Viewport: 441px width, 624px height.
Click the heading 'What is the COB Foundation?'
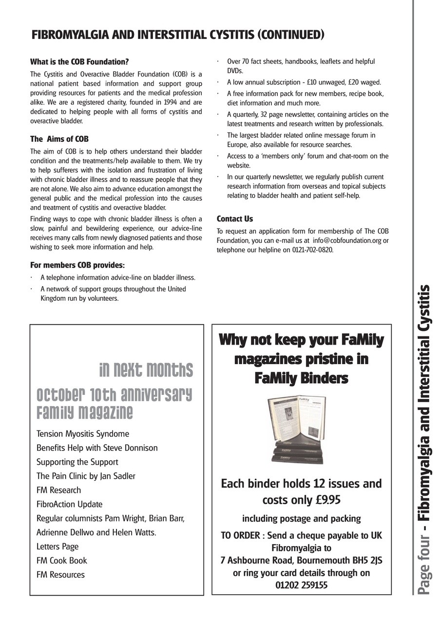[79, 62]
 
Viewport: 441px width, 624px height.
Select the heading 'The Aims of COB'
[59, 139]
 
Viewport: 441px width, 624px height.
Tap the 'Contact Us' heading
[235, 219]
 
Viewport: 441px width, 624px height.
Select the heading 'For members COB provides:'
[77, 265]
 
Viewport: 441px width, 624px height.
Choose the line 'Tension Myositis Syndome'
[83, 433]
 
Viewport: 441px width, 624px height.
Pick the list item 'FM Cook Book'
[62, 561]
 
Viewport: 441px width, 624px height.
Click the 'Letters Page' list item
[58, 546]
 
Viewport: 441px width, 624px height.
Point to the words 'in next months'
[146, 370]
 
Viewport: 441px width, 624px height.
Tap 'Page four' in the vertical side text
[424, 566]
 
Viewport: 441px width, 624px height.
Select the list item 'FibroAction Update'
[69, 504]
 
